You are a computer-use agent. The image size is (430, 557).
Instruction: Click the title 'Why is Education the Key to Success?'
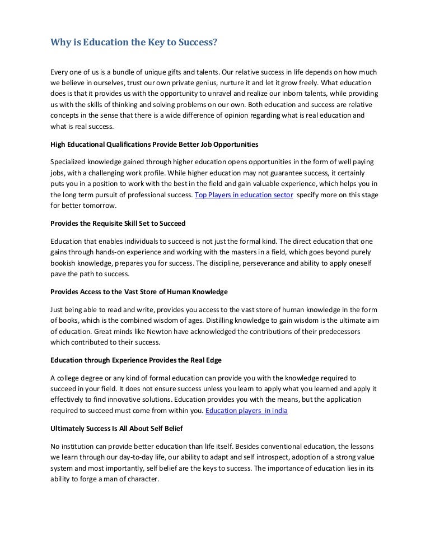pos(133,41)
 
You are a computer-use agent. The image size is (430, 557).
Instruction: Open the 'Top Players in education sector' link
pos(244,194)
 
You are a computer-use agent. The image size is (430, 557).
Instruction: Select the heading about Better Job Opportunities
pos(155,144)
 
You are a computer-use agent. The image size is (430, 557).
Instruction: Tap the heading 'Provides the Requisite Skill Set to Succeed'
pos(118,223)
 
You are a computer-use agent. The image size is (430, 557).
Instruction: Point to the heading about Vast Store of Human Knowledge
pos(139,291)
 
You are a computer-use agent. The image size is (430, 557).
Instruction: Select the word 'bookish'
pos(63,263)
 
